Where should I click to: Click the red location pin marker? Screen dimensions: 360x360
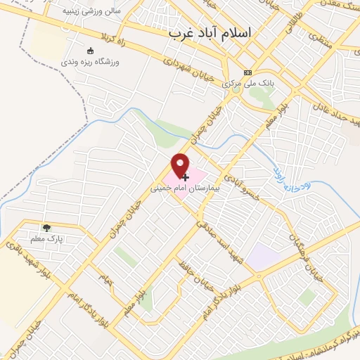click(181, 165)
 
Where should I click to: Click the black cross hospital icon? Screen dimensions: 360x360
click(185, 177)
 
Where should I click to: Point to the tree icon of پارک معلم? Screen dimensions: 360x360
click(46, 228)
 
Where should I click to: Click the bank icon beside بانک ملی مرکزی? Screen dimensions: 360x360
click(247, 72)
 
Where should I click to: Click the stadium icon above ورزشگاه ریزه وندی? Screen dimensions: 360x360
click(89, 51)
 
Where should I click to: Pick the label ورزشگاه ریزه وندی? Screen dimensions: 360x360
click(89, 62)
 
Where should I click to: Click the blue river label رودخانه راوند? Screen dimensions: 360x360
click(291, 180)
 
